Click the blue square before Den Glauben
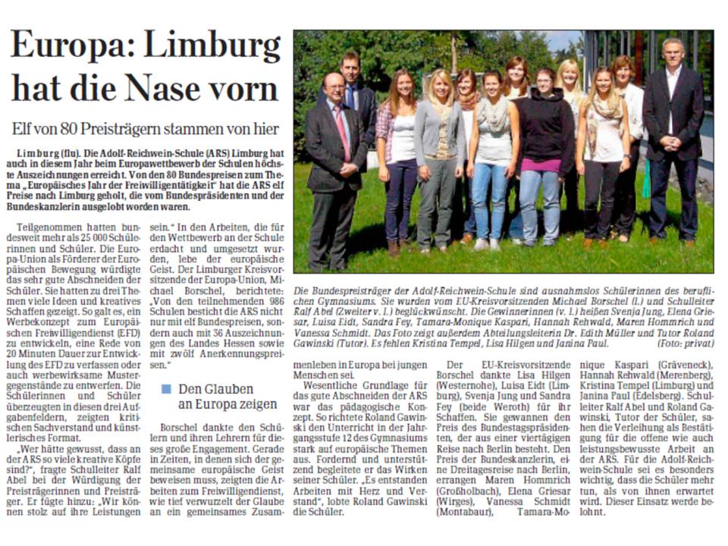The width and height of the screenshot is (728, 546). (x=165, y=389)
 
